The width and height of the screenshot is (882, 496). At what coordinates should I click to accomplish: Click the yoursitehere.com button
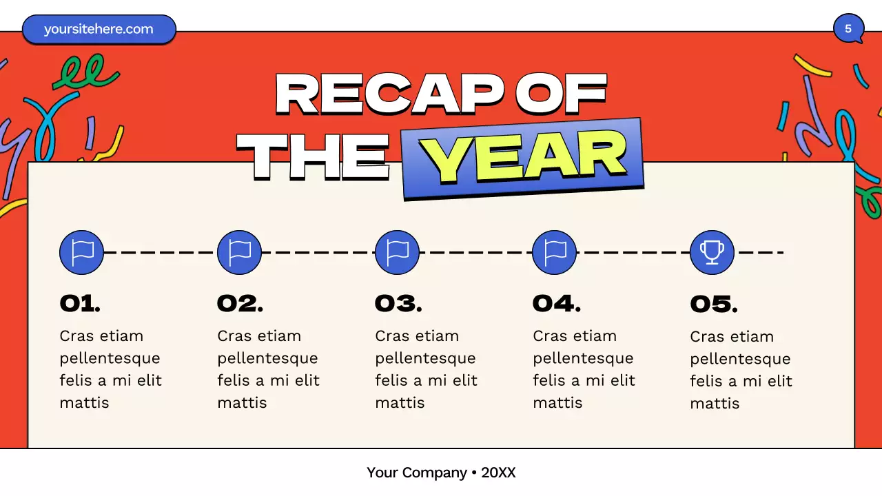[99, 29]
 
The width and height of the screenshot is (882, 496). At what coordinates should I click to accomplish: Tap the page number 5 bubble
[848, 29]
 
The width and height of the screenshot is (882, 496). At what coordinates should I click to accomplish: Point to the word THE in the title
[313, 156]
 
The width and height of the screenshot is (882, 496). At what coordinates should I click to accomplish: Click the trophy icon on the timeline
[712, 252]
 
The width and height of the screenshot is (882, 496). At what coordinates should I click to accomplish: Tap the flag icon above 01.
[82, 252]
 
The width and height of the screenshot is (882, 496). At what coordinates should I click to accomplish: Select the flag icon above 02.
[239, 252]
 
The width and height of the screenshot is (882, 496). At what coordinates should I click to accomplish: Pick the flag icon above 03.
[397, 252]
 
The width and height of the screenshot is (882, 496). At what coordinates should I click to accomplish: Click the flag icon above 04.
[555, 252]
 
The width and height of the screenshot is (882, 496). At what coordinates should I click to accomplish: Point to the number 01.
[80, 303]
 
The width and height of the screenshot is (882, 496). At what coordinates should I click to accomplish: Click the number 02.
[240, 303]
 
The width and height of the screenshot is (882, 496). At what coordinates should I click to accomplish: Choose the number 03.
[398, 303]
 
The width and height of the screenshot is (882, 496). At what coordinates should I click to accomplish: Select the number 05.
[714, 304]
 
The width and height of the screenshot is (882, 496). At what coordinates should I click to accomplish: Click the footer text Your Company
[416, 473]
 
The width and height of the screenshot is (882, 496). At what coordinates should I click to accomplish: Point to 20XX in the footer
[498, 473]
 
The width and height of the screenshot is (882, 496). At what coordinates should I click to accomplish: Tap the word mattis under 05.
[715, 403]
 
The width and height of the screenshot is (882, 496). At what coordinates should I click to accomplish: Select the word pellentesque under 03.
[425, 358]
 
